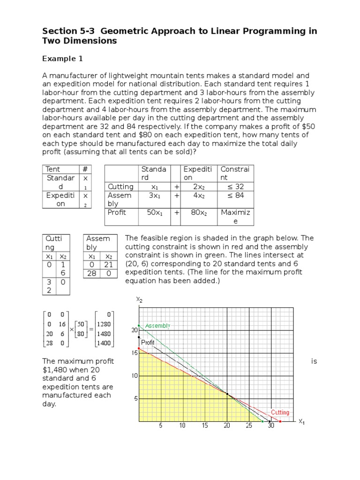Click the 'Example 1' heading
[62, 59]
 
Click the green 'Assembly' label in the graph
[157, 325]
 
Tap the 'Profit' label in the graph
[148, 343]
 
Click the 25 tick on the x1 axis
[249, 426]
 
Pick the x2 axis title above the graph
[139, 299]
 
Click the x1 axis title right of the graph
[301, 421]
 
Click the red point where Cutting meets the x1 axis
[280, 421]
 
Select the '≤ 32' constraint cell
[236, 187]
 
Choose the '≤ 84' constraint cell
[236, 195]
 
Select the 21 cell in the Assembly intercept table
[109, 265]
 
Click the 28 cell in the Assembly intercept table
[92, 273]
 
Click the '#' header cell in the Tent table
[85, 169]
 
